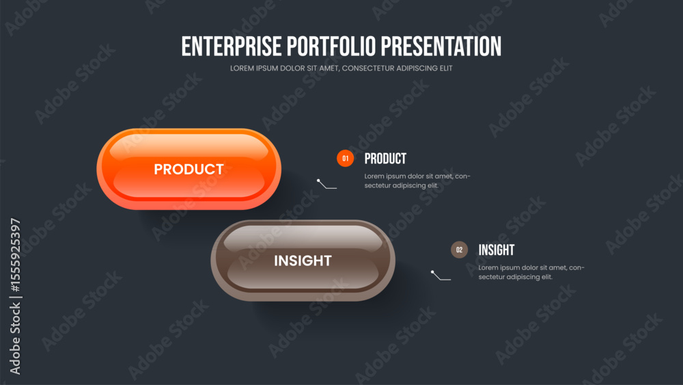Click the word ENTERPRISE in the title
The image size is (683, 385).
pos(232,47)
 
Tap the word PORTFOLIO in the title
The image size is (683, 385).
pos(331,47)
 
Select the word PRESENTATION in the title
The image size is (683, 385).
pos(441,47)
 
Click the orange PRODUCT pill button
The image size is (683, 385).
pos(189,169)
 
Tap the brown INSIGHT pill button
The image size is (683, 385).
pos(303,261)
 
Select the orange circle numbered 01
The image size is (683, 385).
pos(345,158)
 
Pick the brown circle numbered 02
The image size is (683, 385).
pos(459,250)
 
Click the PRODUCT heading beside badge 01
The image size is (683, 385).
pos(385,159)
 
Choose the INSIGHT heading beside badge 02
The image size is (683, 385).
pos(496,250)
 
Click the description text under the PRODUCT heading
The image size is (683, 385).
pos(417,181)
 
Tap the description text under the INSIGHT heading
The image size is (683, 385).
pos(531,272)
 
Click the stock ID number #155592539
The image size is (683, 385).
pos(15,255)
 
